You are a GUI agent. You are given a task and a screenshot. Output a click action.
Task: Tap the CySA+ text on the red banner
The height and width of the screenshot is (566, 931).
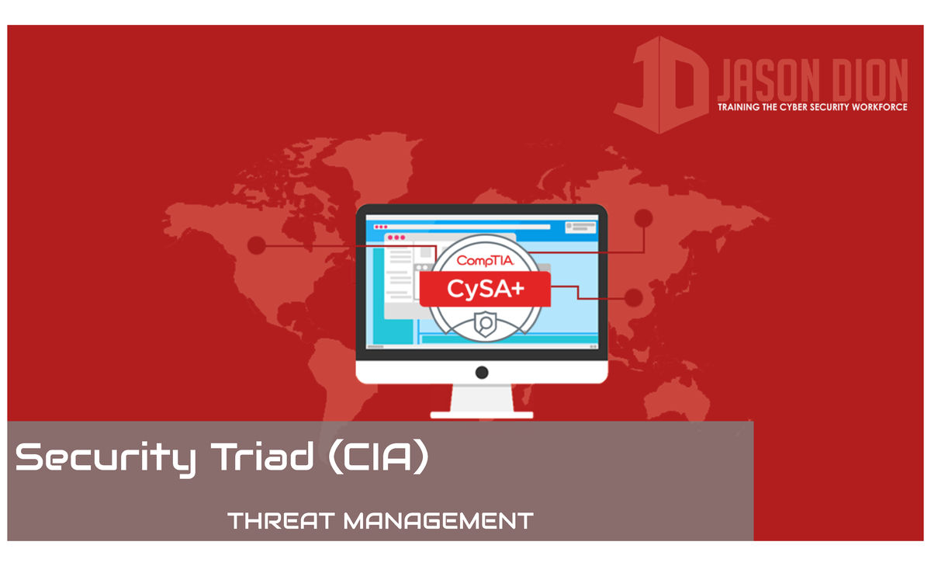(485, 288)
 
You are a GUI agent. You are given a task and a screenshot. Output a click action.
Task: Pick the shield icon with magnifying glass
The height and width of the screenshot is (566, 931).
(482, 321)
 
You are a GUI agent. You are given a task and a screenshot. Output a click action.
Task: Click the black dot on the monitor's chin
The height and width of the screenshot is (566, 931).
(482, 373)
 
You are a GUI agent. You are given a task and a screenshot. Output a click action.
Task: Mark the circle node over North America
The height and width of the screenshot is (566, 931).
(257, 245)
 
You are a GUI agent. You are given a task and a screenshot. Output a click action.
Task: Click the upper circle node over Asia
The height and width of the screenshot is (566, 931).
(643, 218)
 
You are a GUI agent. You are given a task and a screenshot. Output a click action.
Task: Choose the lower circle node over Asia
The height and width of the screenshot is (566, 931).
(634, 297)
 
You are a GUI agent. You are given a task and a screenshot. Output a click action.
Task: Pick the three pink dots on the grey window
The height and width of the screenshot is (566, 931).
(396, 237)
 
